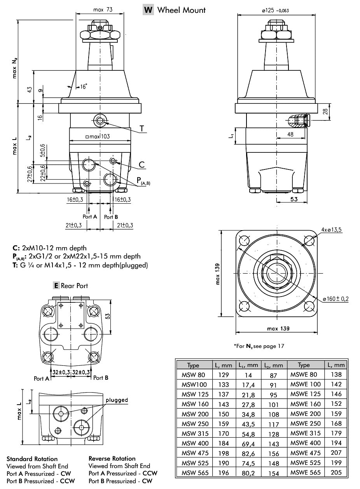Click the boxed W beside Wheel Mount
click(148, 10)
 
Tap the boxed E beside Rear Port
click(56, 286)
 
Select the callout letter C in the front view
click(142, 165)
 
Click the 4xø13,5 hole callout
click(331, 230)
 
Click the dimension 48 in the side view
click(291, 134)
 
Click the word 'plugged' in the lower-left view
click(117, 400)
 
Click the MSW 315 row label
click(195, 434)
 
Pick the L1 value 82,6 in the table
click(247, 453)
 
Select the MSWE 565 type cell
click(306, 473)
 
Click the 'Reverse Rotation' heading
click(112, 459)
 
